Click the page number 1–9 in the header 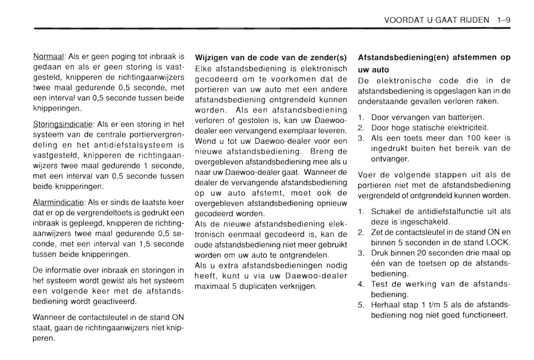[503, 20]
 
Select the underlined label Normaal [49, 57]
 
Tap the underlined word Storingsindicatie [63, 124]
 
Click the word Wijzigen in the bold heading [211, 58]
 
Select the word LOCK [498, 243]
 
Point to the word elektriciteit [468, 128]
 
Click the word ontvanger [390, 159]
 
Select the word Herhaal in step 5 [384, 305]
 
